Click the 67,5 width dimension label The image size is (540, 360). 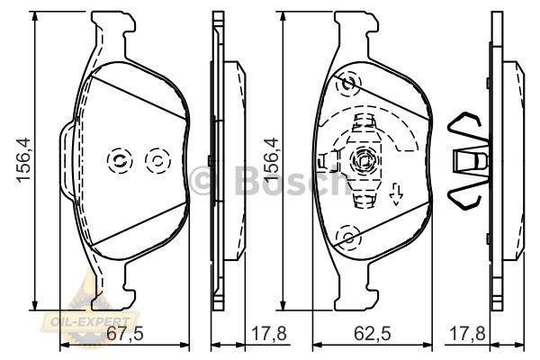click(x=125, y=334)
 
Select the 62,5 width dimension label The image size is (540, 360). click(x=373, y=334)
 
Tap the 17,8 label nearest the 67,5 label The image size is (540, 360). click(x=269, y=334)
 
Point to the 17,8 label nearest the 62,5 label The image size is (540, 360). click(x=467, y=334)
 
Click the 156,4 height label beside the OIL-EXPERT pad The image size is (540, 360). click(x=24, y=160)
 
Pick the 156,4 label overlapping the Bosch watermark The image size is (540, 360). click(x=271, y=160)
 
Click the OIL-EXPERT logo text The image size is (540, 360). click(x=90, y=322)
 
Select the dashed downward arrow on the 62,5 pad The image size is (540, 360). click(x=396, y=194)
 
